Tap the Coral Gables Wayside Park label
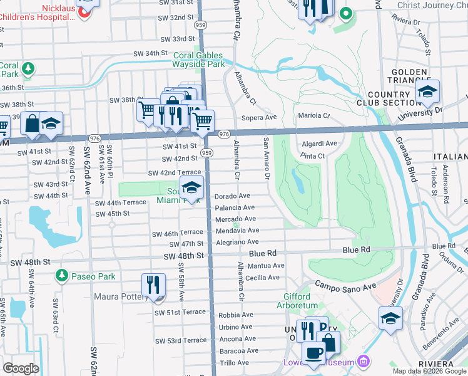click(x=199, y=60)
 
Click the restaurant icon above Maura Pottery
click(x=153, y=285)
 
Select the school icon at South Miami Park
click(x=192, y=187)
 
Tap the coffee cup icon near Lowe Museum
click(x=313, y=352)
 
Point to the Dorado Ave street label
click(x=232, y=196)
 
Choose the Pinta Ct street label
click(x=312, y=155)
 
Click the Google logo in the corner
click(x=21, y=368)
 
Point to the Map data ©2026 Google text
click(x=430, y=371)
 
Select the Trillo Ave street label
click(x=235, y=363)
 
